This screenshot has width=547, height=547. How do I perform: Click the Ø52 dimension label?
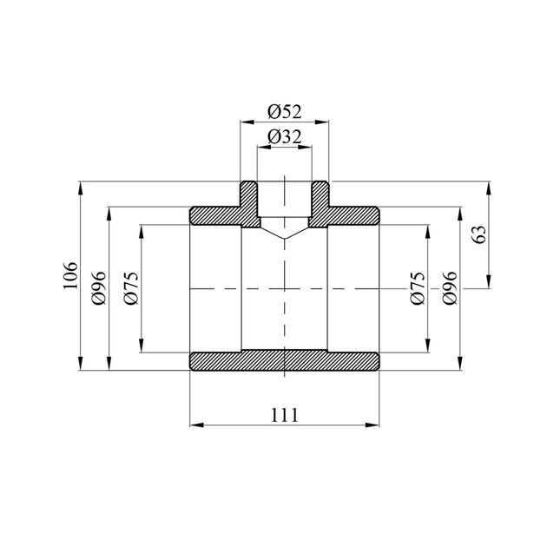(284, 111)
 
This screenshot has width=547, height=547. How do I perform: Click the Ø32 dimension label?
(284, 136)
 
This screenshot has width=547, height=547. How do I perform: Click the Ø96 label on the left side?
(98, 287)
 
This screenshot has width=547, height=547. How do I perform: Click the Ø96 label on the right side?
(449, 287)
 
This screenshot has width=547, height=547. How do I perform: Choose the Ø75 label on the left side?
(131, 287)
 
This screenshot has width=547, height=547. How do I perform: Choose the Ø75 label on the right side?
(417, 287)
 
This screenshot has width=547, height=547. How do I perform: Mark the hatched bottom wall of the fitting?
(284, 360)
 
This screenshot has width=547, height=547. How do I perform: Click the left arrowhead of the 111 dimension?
(194, 425)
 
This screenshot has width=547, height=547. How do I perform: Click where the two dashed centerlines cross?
(284, 287)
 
